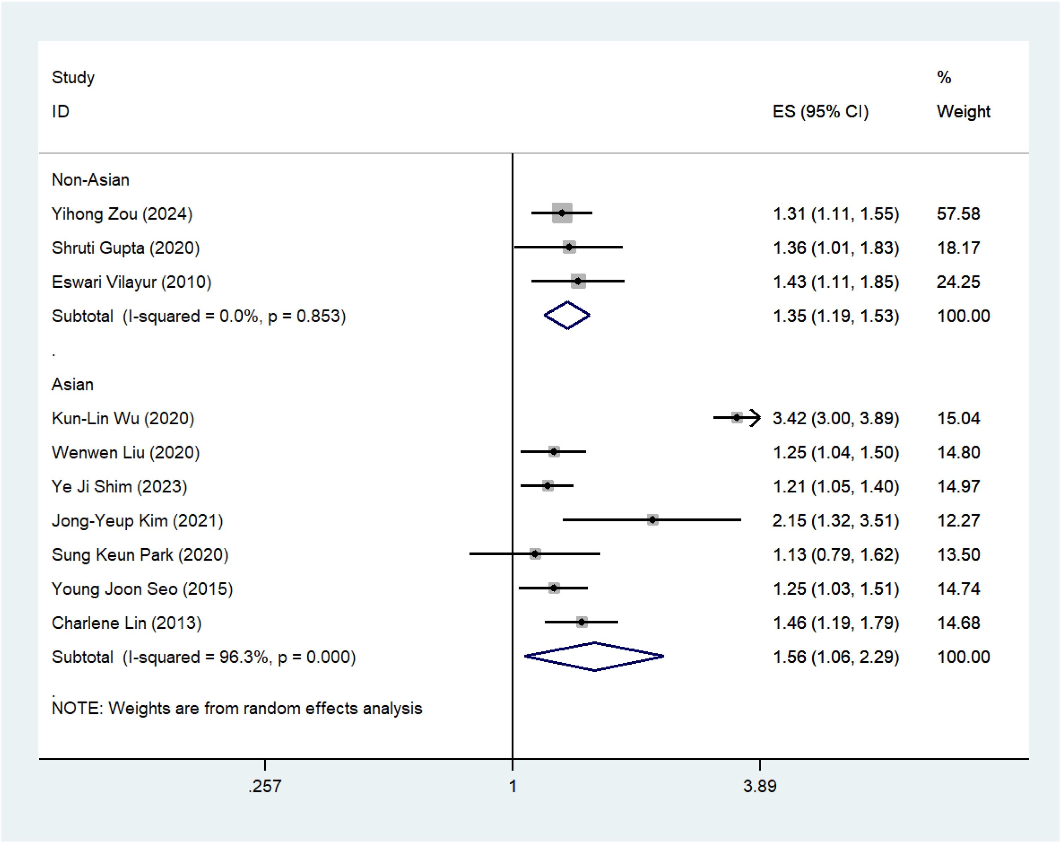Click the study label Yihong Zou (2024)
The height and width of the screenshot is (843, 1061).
[122, 214]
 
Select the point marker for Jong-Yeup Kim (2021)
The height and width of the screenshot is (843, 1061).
[653, 520]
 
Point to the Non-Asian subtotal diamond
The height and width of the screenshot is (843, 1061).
[567, 316]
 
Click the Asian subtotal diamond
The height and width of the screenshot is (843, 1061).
[594, 656]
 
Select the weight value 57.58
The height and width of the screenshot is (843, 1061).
[958, 214]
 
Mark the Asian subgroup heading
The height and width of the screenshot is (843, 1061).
[72, 384]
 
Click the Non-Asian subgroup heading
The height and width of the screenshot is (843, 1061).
[91, 180]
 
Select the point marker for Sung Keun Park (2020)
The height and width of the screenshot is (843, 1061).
[535, 554]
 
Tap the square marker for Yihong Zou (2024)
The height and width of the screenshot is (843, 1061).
[562, 213]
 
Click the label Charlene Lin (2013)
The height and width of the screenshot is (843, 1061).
[127, 623]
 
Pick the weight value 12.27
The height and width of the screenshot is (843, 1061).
[958, 520]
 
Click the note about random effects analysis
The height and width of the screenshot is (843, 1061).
[237, 708]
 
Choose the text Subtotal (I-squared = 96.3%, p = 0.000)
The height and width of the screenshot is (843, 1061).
[204, 657]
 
